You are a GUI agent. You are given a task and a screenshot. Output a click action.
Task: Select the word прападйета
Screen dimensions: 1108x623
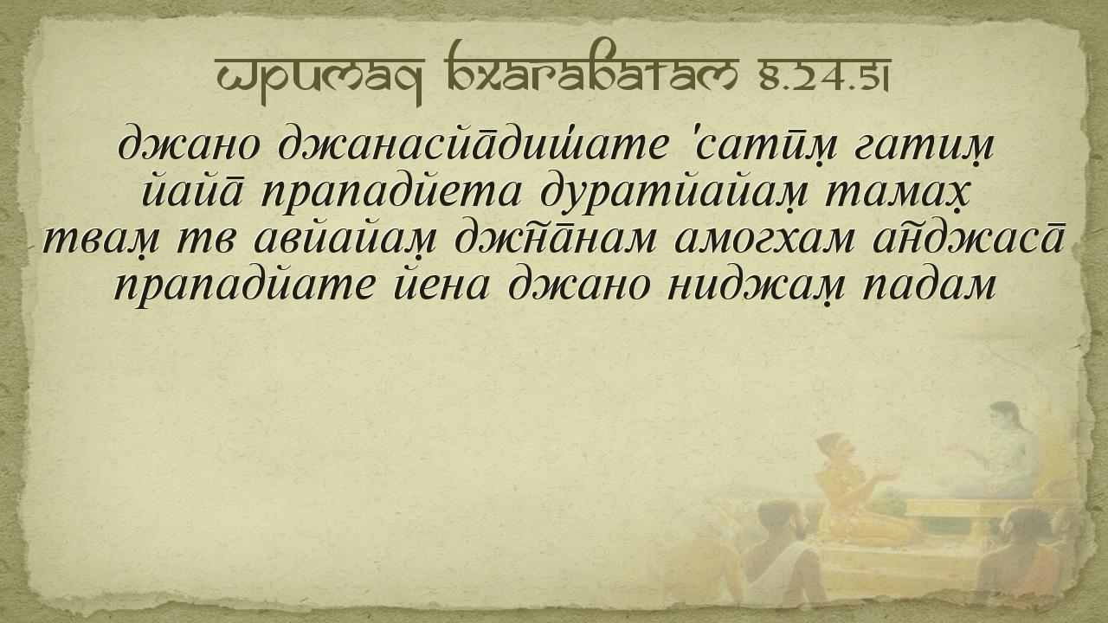click(x=390, y=196)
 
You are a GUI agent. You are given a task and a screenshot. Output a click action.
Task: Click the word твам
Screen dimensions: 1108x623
click(x=101, y=243)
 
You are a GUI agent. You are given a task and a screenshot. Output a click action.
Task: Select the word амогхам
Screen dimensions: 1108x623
click(x=764, y=241)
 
